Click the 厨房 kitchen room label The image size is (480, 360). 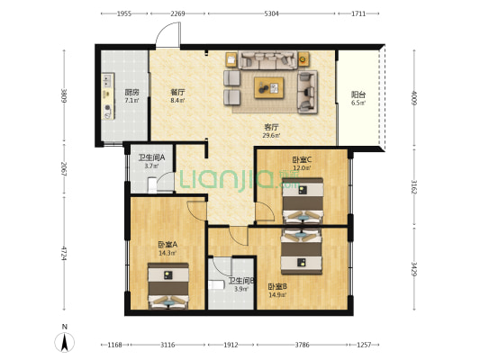[x=132, y=92]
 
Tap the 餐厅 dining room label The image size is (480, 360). [x=177, y=92]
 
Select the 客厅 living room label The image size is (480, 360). [x=271, y=127]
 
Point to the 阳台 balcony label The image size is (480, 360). [x=358, y=94]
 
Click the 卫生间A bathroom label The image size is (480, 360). [x=151, y=157]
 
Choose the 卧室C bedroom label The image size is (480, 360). [x=302, y=159]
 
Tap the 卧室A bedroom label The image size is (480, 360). [x=168, y=245]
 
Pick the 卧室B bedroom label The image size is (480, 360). [x=277, y=287]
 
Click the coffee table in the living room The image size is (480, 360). [x=269, y=88]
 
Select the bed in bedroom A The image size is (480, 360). [x=168, y=285]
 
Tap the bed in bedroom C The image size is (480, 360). [x=303, y=201]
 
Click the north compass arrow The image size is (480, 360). [x=64, y=343]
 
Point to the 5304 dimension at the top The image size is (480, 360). [x=271, y=13]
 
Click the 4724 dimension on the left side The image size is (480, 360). [x=64, y=253]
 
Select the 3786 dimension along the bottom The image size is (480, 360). [x=302, y=345]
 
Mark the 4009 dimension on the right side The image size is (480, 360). [x=414, y=98]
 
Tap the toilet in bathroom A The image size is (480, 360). [x=152, y=185]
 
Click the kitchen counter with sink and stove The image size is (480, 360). [x=108, y=96]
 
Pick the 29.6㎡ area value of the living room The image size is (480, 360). [x=271, y=136]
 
